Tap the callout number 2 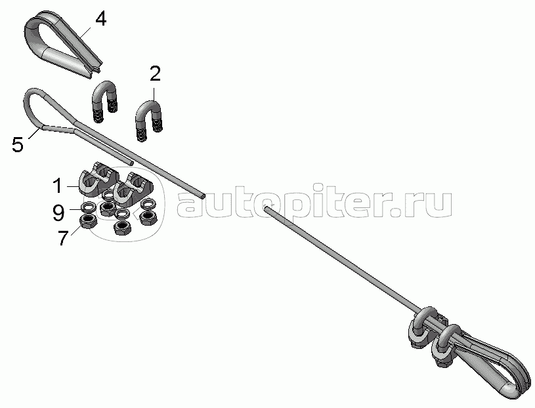(155, 74)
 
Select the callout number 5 (18, 144)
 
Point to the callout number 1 (58, 186)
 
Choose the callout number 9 (58, 213)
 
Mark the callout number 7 (63, 238)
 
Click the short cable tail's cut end (131, 163)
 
